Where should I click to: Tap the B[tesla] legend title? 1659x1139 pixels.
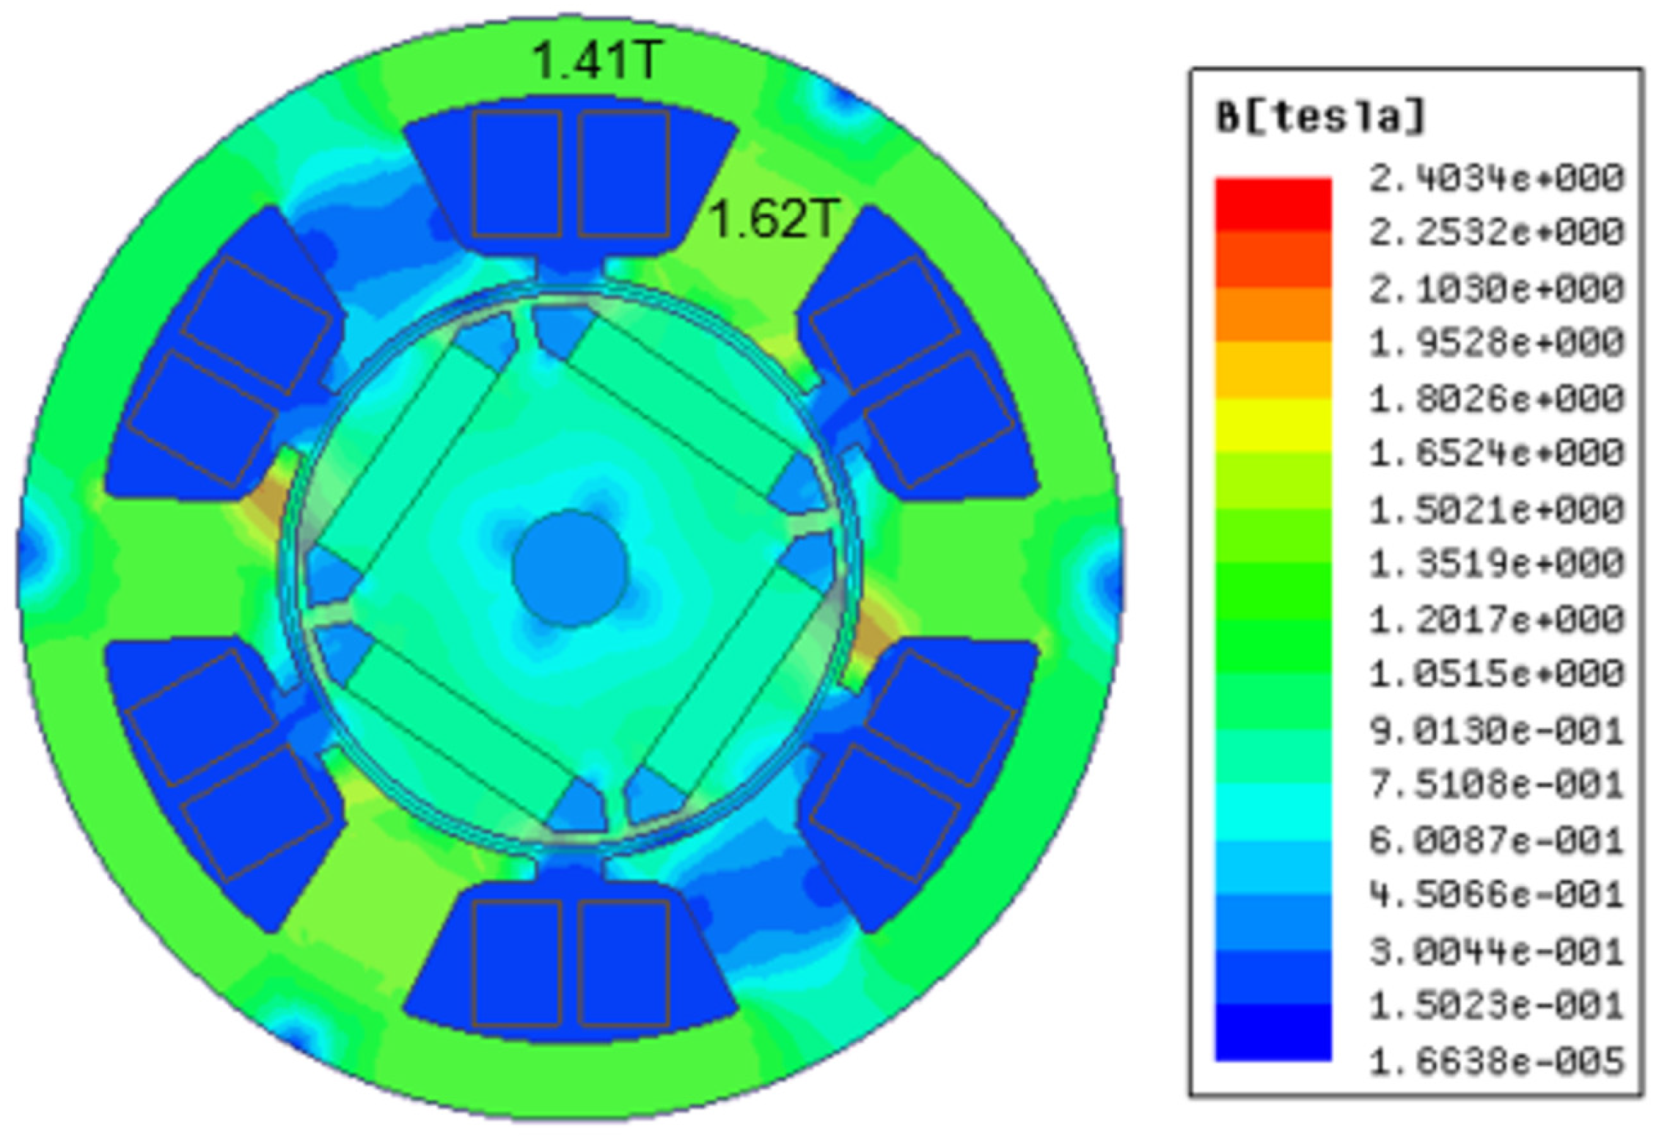1320,117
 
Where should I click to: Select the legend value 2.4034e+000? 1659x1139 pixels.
1496,179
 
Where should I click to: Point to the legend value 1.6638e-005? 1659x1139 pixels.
1496,1061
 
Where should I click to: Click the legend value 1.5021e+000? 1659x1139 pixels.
1496,510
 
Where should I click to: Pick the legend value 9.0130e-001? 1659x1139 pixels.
1496,730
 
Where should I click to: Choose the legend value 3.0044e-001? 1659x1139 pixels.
1496,951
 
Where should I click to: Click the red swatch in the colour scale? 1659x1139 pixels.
1273,205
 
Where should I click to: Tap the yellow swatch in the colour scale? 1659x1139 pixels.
1273,425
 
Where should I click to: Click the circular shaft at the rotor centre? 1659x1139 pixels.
570,568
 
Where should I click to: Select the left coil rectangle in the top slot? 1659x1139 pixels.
516,174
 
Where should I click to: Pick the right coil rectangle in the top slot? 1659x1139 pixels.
623,174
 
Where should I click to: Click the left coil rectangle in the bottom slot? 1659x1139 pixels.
516,963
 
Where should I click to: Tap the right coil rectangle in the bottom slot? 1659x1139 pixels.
623,963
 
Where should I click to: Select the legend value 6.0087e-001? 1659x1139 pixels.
1496,840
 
